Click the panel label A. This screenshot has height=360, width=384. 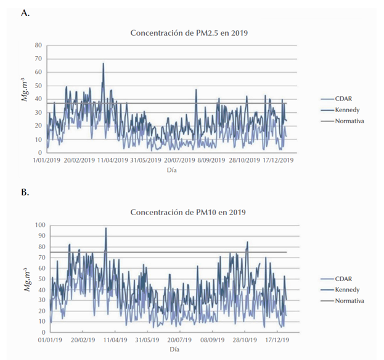pyautogui.click(x=25, y=12)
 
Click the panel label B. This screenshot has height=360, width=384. pyautogui.click(x=25, y=192)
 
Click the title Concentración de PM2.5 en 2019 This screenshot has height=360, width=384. pyautogui.click(x=188, y=33)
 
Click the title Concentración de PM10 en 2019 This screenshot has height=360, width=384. pyautogui.click(x=188, y=212)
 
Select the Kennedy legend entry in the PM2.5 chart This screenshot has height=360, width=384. pyautogui.click(x=349, y=110)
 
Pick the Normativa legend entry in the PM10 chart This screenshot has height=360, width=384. pyautogui.click(x=351, y=301)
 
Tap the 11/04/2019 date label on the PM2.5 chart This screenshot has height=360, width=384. pyautogui.click(x=110, y=160)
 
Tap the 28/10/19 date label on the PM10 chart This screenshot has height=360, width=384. pyautogui.click(x=245, y=339)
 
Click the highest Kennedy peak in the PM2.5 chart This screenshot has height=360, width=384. pyautogui.click(x=103, y=63)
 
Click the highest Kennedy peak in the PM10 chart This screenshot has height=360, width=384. pyautogui.click(x=105, y=228)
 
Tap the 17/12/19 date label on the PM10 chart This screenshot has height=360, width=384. pyautogui.click(x=277, y=339)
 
